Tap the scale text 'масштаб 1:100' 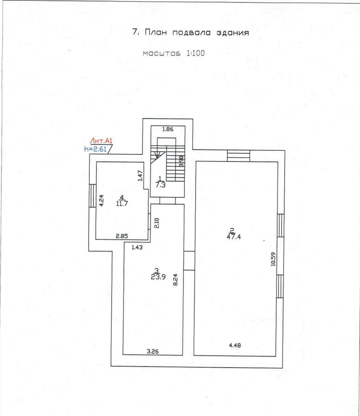point(174,53)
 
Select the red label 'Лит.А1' point(101,140)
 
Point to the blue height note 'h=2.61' point(95,149)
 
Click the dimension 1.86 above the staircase point(168,129)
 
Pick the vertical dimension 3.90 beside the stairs point(181,161)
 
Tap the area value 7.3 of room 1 point(161,185)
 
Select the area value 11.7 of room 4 point(122,203)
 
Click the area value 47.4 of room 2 point(234,237)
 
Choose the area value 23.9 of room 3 point(158,277)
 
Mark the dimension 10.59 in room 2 point(273,259)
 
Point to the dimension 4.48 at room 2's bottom point(235,345)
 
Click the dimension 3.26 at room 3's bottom point(153,351)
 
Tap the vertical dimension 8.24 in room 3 point(175,280)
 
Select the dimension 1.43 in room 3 point(137,247)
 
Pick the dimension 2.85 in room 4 point(122,236)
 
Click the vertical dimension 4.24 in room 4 point(101,200)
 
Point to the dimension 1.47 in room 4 point(140,176)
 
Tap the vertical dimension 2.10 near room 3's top point(157,223)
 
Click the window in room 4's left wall point(92,196)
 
